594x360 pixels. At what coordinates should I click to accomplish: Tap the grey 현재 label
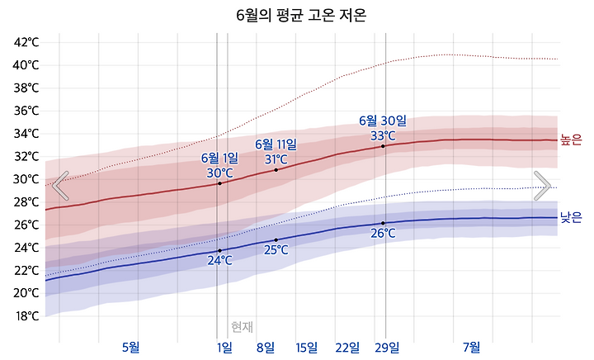(242, 326)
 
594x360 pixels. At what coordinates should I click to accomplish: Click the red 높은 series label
(571, 140)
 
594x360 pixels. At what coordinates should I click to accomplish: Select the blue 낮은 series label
(571, 218)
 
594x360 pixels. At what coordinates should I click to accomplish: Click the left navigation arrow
(60, 186)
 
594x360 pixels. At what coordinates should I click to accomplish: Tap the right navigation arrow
(542, 186)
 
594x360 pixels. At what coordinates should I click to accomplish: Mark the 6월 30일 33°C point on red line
(383, 146)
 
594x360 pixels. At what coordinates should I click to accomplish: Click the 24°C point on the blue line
(219, 250)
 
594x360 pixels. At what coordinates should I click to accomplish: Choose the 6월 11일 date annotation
(276, 144)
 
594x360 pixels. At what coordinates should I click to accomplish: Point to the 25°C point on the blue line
(276, 239)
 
